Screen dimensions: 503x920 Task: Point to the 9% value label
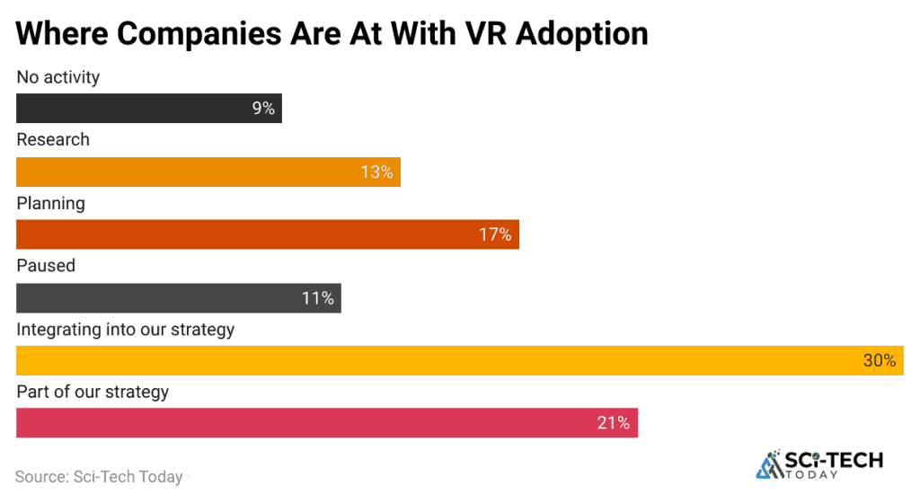(263, 109)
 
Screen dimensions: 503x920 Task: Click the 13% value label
(377, 172)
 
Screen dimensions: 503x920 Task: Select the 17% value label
(495, 235)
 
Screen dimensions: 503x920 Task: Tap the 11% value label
(318, 298)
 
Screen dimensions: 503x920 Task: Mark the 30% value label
(880, 361)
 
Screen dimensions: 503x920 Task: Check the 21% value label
(614, 423)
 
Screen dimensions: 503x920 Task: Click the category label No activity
(58, 77)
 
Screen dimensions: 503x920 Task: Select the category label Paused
(46, 266)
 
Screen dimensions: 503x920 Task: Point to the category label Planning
(51, 203)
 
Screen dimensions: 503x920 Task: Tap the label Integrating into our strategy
(126, 330)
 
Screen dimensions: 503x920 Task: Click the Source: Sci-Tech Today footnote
(99, 477)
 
